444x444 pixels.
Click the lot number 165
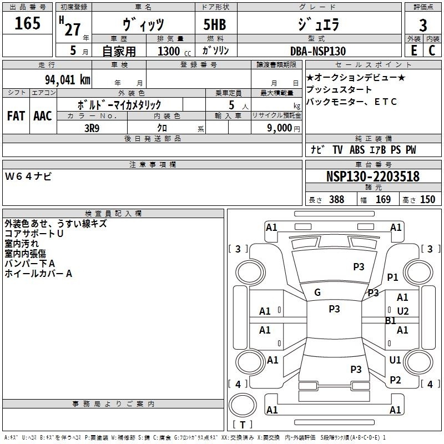pos(27,23)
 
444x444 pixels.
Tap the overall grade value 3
pos(423,26)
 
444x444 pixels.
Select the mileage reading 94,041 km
pos(68,80)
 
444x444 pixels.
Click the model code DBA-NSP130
pos(318,51)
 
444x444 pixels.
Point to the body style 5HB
pos(215,24)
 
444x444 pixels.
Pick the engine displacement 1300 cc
pos(174,51)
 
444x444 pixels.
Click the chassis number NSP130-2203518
pos(372,176)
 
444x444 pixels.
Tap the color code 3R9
pos(92,128)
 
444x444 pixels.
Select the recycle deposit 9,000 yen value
pos(284,128)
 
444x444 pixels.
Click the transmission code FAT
pos(16,116)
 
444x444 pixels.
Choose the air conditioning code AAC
pos(43,116)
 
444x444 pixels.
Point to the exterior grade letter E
pos(413,51)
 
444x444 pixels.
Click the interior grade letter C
pos(432,51)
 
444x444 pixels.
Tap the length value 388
pos(337,199)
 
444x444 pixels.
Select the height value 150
pos(427,199)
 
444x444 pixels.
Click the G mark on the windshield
pos(317,292)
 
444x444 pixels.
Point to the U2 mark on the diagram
pos(403,311)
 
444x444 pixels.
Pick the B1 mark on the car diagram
pos(391,321)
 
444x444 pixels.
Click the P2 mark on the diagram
pos(395,380)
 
